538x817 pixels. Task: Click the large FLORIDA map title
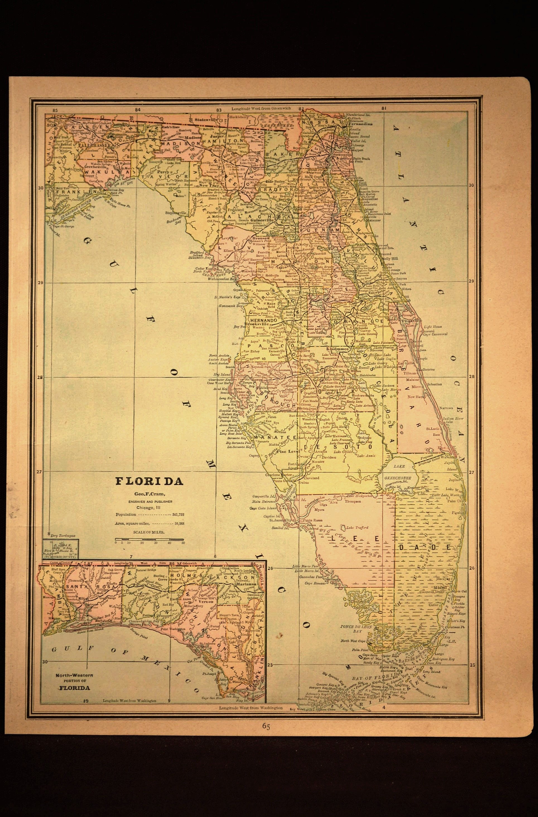[x=149, y=481]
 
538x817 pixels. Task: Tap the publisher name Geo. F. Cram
[x=149, y=494]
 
